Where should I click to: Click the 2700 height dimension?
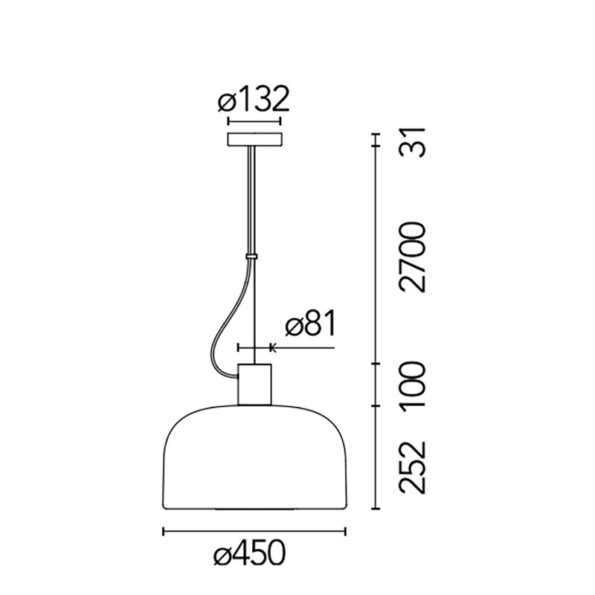point(411,257)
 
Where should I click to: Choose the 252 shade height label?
point(411,468)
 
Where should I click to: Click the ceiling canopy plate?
point(254,139)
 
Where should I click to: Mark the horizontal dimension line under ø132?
point(254,121)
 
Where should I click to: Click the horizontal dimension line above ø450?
point(254,531)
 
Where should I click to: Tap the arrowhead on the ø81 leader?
point(271,347)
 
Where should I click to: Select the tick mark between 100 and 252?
point(376,406)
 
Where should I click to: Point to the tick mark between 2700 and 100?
point(376,363)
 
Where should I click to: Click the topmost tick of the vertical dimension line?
point(376,133)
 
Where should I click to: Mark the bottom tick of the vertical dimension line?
point(376,510)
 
